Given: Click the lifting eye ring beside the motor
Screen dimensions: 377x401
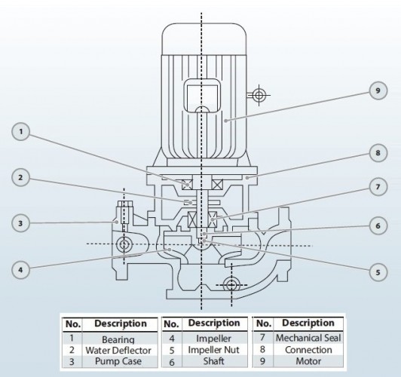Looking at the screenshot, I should pos(259,95).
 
